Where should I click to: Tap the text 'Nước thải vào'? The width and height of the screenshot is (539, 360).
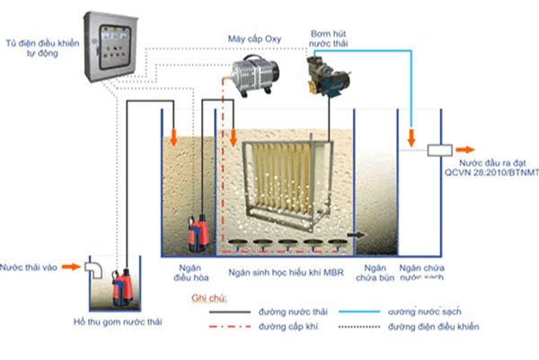[x=29, y=268]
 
